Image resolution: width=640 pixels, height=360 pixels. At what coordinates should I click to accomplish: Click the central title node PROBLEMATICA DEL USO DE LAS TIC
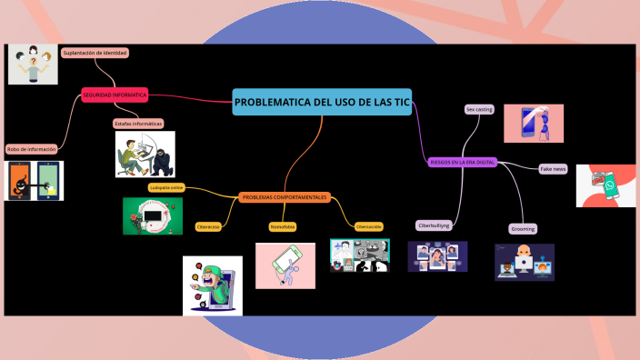[x=322, y=103]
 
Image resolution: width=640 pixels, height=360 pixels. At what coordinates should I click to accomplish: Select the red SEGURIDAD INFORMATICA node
[x=115, y=95]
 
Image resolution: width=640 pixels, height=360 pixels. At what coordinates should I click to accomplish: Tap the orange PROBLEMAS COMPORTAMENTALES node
[x=285, y=197]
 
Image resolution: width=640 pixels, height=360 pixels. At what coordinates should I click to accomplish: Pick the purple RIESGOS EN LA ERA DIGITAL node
[x=462, y=162]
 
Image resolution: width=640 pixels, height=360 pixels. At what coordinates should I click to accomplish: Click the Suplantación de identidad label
[x=95, y=53]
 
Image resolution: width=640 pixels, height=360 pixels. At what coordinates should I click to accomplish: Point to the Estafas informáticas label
[x=138, y=123]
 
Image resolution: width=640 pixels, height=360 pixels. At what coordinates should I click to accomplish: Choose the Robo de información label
[x=32, y=149]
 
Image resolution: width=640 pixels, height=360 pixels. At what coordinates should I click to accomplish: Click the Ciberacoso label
[x=208, y=226]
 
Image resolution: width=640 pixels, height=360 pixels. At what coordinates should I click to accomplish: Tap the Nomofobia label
[x=283, y=226]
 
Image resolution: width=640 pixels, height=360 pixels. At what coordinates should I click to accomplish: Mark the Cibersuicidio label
[x=369, y=226]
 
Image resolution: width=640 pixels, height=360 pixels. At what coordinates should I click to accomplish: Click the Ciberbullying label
[x=434, y=225]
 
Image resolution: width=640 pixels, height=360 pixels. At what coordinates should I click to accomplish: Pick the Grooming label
[x=523, y=229]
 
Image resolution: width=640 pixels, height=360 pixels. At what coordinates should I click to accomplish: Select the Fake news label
[x=553, y=169]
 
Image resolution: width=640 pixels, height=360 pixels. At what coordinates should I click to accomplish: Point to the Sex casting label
[x=479, y=109]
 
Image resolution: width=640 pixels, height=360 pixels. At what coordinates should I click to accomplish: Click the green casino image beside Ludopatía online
[x=153, y=216]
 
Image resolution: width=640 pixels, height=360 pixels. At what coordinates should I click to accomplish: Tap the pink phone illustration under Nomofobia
[x=285, y=265]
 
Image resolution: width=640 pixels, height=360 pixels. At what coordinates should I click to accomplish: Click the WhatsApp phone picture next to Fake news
[x=605, y=185]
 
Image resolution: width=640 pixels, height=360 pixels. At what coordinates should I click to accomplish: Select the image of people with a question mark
[x=33, y=65]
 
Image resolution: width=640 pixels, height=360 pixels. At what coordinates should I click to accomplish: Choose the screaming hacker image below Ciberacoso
[x=213, y=285]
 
